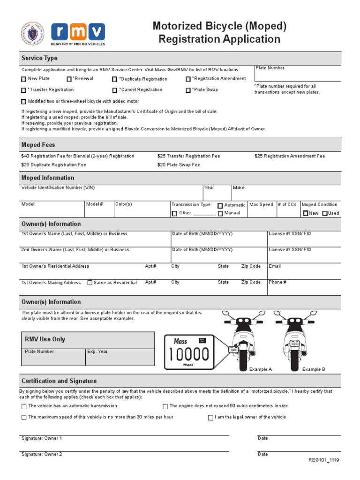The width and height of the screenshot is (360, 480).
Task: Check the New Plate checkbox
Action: (x=24, y=79)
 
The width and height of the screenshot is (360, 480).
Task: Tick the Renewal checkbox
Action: (x=69, y=79)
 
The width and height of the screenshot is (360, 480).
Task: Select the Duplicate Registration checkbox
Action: (x=115, y=79)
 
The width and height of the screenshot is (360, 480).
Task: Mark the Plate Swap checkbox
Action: (x=188, y=90)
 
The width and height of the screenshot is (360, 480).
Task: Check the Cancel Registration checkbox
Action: (x=115, y=90)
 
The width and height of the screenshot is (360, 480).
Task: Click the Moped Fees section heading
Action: (x=38, y=145)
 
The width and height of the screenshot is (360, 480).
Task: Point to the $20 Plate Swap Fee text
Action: (x=179, y=165)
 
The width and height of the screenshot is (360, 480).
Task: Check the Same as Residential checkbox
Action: (x=90, y=283)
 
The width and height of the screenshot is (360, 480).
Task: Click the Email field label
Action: (x=275, y=266)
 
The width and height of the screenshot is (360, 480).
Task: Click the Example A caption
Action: (x=261, y=369)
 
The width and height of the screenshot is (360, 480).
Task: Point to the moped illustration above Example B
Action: (x=294, y=339)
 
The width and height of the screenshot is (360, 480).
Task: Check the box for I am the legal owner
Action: (x=210, y=418)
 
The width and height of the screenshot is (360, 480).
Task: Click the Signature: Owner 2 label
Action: (x=42, y=454)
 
